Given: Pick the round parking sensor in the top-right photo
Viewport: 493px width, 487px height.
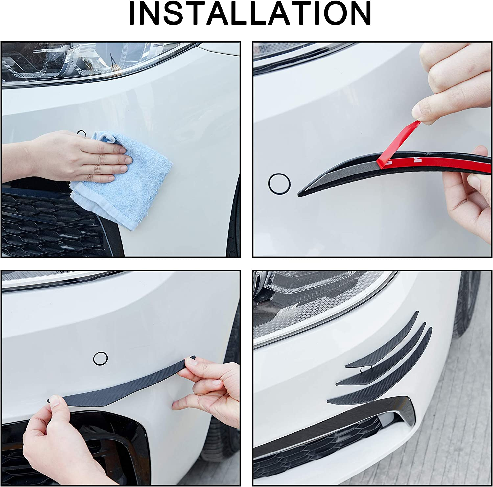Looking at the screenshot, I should (279, 183).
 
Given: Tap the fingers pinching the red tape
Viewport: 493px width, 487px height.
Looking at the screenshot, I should (427, 108).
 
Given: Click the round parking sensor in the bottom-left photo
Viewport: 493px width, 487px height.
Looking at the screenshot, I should (100, 358).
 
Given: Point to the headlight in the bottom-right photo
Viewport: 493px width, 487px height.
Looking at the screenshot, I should (316, 302).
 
